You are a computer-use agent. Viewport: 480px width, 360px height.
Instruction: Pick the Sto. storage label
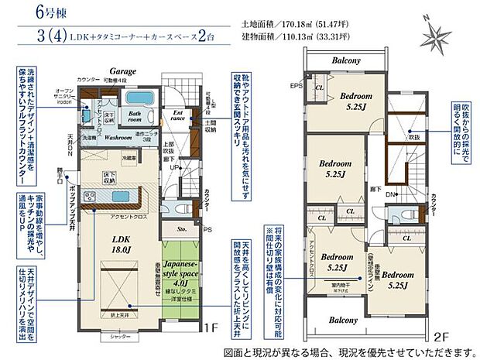(x=183, y=229)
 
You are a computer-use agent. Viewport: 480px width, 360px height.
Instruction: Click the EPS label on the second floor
(x=296, y=85)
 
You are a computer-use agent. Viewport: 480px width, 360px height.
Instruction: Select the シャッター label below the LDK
(x=118, y=336)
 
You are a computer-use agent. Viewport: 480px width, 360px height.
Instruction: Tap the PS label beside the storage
(x=207, y=229)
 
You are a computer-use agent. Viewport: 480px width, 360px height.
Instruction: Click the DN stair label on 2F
(x=390, y=194)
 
